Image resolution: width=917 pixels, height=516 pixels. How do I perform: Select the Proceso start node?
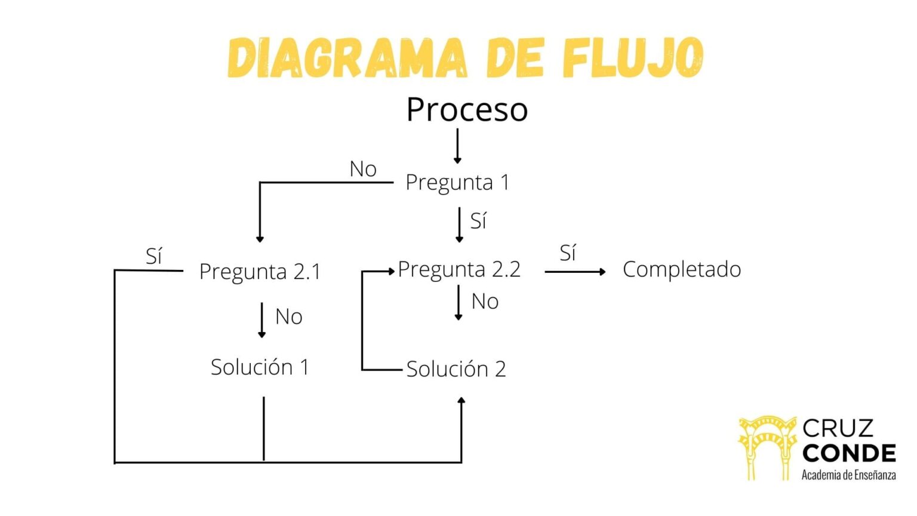coord(467,110)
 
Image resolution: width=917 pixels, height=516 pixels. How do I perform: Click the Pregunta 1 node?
coord(457,182)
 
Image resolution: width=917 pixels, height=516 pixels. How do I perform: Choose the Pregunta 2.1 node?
coord(260,272)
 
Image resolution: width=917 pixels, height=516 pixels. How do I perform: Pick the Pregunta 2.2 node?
coord(459,269)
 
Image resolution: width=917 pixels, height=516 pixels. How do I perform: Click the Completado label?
coord(682,269)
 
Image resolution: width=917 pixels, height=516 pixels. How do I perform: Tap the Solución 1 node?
coord(260,367)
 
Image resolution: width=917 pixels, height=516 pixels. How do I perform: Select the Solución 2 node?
coord(456,369)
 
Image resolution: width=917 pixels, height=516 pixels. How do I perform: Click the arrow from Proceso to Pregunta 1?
coord(457,146)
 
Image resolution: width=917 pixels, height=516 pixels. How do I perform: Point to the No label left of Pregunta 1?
coord(363,169)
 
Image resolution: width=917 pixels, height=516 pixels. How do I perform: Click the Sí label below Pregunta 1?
coord(478,221)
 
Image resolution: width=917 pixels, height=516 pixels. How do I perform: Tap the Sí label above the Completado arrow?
coord(568,253)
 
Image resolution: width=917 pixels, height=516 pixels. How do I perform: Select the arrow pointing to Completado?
coord(575,272)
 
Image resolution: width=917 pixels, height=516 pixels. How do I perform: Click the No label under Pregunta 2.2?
coord(485,302)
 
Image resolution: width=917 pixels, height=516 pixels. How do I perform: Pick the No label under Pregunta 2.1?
coord(288,317)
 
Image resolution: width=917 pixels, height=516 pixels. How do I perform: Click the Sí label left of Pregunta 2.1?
coord(154,256)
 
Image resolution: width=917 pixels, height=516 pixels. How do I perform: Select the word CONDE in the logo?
coord(848,453)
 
